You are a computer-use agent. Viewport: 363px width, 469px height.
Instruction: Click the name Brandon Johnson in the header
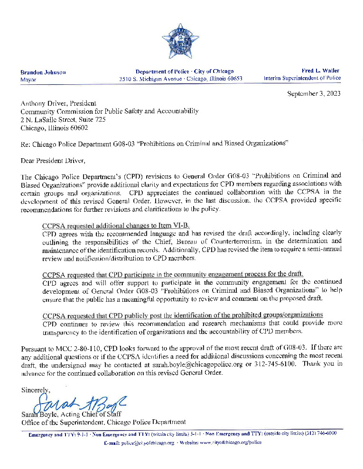pos(43,72)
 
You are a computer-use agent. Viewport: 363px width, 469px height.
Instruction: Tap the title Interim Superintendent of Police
pos(302,78)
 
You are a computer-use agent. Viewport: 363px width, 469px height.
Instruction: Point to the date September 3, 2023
pos(314,93)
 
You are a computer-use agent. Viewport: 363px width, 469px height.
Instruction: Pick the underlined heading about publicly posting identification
pos(183,315)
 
